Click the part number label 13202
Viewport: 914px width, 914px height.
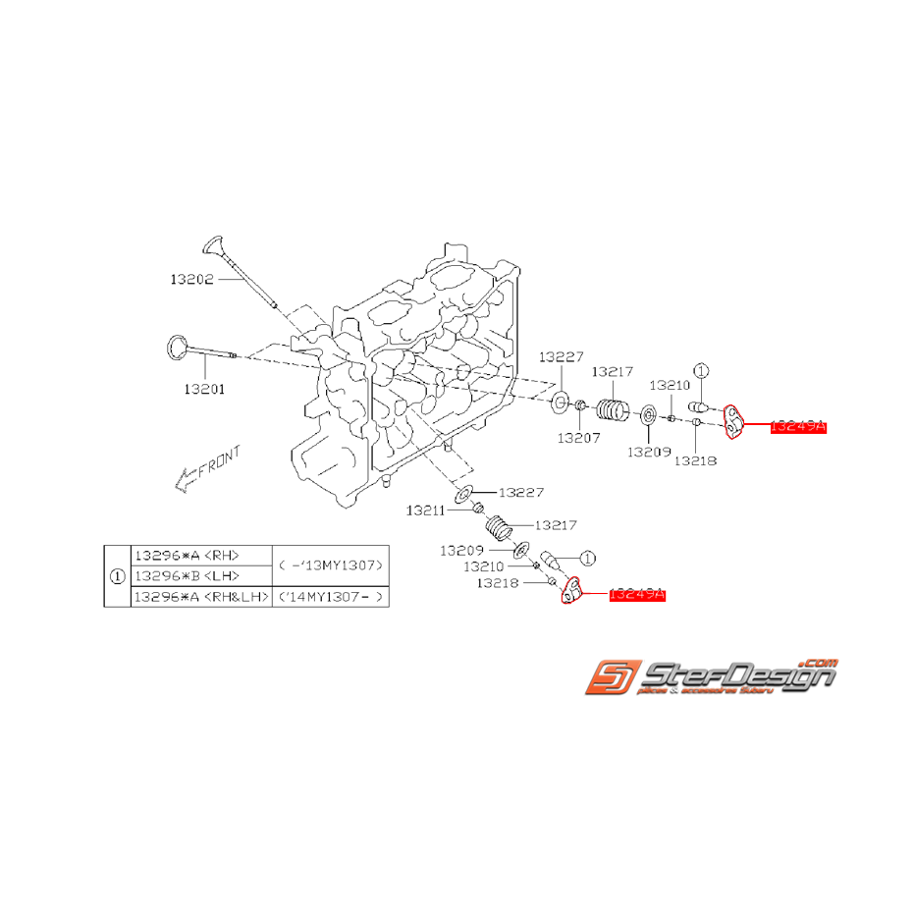(191, 279)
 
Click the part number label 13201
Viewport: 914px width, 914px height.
(204, 389)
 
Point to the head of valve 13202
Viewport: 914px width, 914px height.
(213, 243)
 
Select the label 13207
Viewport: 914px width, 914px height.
(579, 438)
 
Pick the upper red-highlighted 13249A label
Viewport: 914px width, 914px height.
(799, 427)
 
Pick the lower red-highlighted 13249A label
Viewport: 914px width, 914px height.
(637, 595)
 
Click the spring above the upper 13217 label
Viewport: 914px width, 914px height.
(614, 405)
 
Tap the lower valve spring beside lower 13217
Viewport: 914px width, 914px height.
(502, 529)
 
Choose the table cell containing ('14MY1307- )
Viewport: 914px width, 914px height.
(328, 597)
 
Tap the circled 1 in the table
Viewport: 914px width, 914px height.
(118, 576)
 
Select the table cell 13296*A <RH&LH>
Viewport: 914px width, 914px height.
(198, 597)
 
